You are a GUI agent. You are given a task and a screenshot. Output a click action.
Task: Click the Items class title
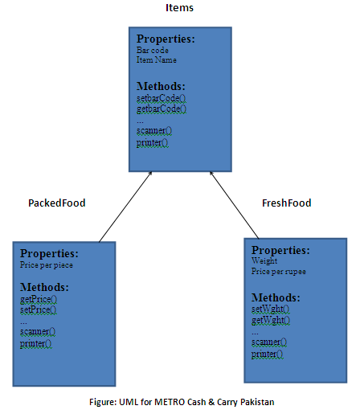click(179, 7)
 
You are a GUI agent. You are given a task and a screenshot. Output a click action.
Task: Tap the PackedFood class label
click(57, 203)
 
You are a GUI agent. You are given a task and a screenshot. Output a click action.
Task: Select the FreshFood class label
click(286, 203)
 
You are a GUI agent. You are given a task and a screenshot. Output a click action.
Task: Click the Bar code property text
click(153, 50)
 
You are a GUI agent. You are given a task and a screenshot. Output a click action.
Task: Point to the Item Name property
click(157, 59)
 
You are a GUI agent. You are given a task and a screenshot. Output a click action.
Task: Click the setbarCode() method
click(162, 99)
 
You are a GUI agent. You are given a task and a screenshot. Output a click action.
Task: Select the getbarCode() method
click(162, 109)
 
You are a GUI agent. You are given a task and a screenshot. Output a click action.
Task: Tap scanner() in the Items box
click(154, 131)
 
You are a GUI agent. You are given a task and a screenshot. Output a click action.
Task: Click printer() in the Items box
click(153, 142)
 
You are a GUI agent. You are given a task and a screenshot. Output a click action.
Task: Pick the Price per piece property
click(47, 265)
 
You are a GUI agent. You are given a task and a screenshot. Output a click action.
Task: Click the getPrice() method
click(39, 299)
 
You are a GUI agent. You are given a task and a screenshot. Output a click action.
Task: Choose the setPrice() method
click(39, 309)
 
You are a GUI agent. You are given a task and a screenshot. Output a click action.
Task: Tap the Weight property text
click(264, 260)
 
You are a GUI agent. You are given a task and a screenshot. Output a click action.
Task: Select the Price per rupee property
click(279, 272)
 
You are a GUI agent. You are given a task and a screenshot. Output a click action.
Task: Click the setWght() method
click(271, 309)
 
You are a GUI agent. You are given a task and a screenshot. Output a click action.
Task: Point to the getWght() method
click(271, 320)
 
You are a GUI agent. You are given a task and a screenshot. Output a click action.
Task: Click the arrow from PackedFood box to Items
click(125, 207)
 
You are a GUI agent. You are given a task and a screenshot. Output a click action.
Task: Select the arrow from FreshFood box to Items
click(235, 205)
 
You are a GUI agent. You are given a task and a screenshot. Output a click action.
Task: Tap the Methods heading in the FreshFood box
click(276, 297)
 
